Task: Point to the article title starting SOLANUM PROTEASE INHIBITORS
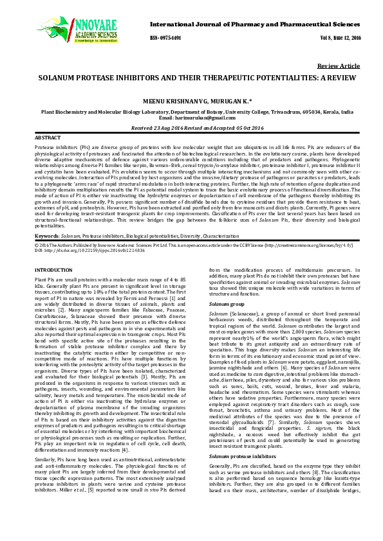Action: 191,76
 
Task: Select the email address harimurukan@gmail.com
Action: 203,118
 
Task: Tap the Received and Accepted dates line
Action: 191,128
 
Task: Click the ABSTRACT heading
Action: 48,138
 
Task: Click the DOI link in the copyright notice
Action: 72,232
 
